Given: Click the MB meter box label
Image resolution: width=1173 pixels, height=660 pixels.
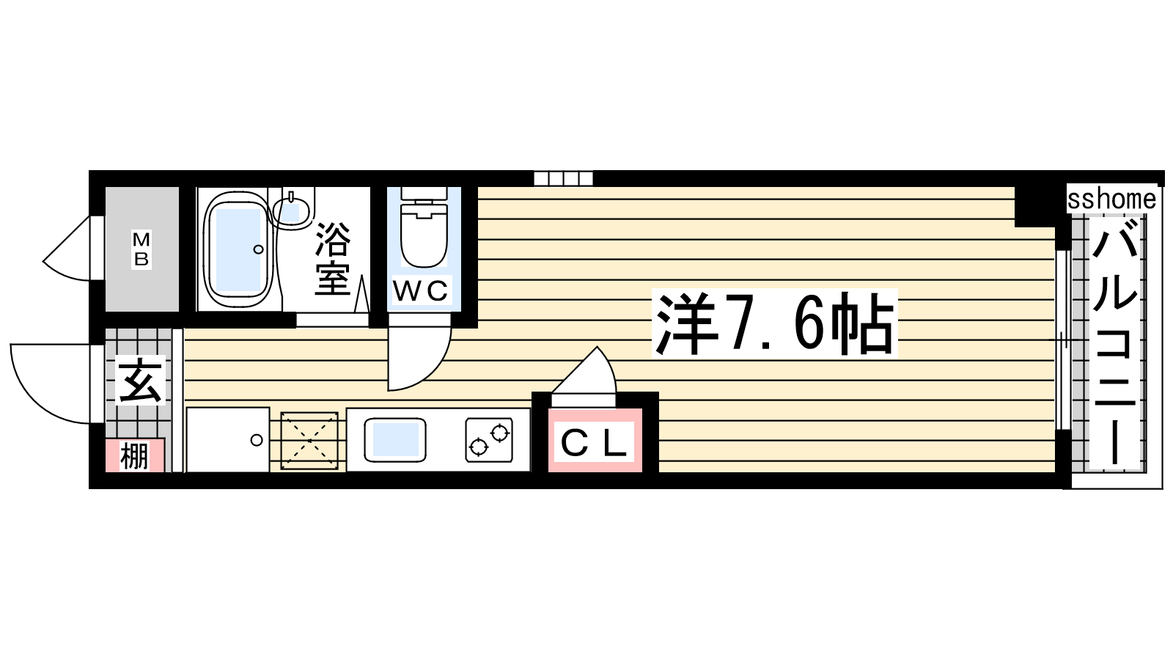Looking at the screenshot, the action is click(141, 250).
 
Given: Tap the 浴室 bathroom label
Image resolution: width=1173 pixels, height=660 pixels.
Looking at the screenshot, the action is click(333, 259).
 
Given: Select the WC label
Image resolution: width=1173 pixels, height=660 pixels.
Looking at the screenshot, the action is click(421, 290).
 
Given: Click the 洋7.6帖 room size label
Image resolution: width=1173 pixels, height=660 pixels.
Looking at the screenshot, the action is click(774, 323).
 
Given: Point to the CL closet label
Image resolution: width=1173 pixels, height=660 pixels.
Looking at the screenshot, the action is click(594, 443).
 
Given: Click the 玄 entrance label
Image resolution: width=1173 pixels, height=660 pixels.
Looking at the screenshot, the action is click(140, 381).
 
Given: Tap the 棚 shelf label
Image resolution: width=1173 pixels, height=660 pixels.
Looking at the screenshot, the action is click(134, 455).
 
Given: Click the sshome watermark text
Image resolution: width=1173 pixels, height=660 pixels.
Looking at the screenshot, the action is click(1111, 199).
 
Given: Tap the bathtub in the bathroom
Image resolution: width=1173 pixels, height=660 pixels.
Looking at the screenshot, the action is click(239, 250).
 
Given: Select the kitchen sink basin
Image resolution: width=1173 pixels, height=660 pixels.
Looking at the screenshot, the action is click(395, 440).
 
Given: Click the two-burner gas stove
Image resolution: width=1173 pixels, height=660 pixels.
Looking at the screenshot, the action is click(489, 440).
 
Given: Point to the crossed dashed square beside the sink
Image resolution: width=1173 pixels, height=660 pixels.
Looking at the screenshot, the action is click(309, 441).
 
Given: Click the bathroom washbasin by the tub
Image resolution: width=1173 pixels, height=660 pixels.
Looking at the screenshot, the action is click(292, 210).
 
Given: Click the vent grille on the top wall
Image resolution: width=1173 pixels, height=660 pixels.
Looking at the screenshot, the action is click(564, 179).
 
